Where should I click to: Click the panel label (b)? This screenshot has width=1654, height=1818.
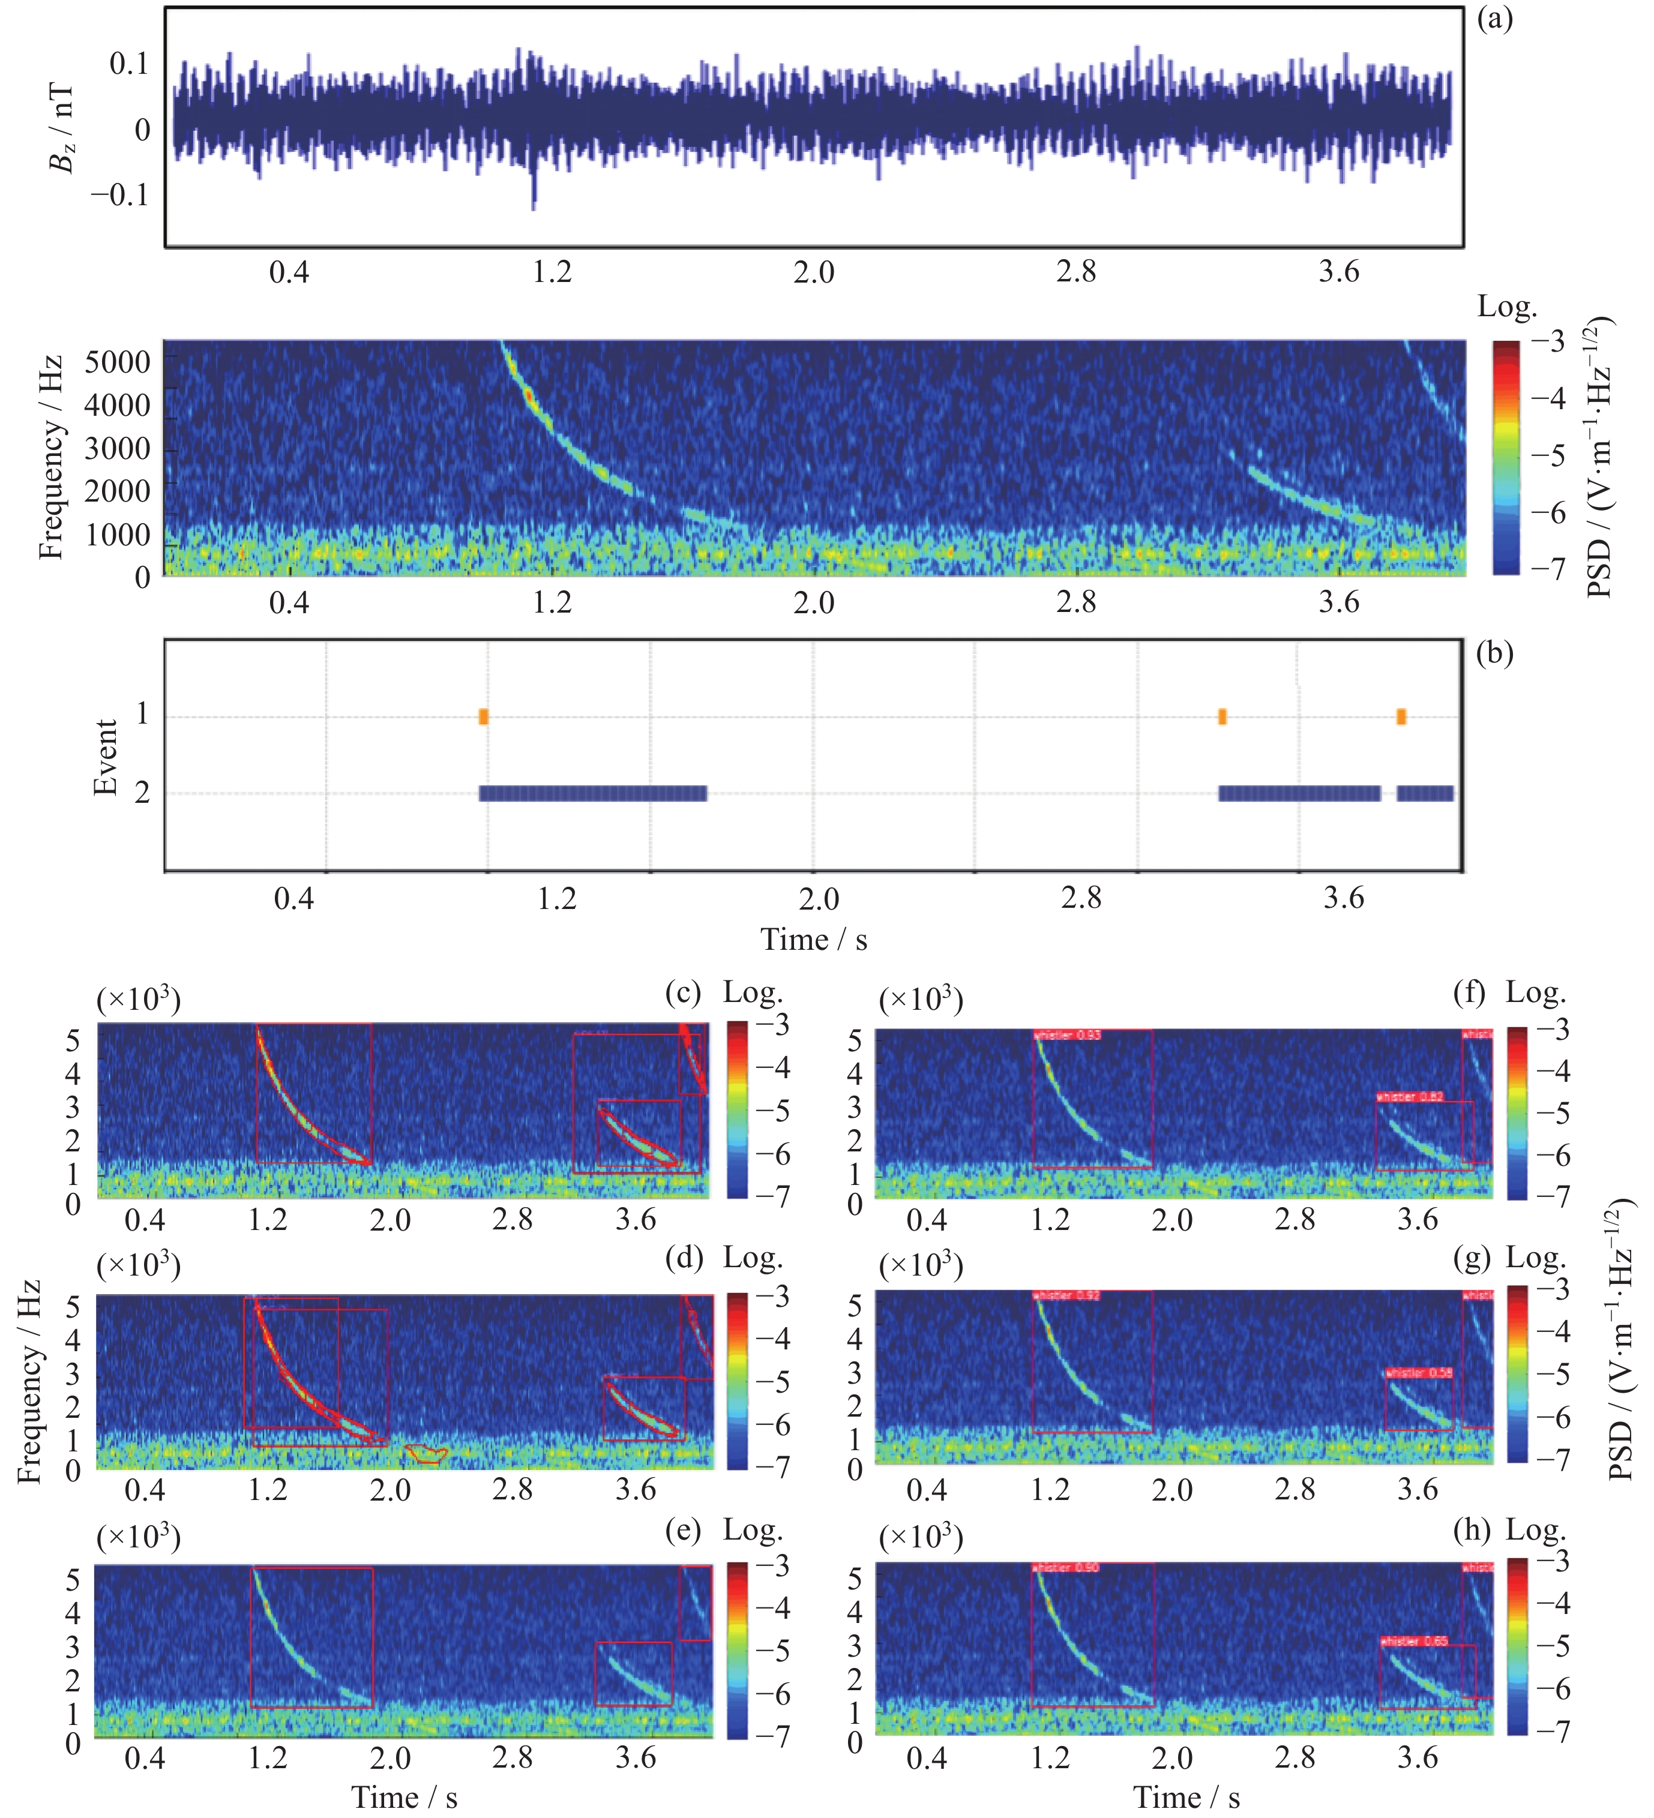click(1494, 653)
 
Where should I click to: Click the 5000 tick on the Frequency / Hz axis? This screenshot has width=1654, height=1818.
click(117, 362)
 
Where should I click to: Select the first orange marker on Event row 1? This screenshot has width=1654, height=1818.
click(483, 717)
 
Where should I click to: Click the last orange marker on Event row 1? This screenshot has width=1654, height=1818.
click(1401, 717)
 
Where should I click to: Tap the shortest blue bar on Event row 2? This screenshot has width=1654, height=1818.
click(1425, 794)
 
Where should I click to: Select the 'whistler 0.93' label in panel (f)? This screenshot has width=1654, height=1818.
click(1068, 1035)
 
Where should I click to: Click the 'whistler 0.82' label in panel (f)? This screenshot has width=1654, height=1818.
click(1410, 1097)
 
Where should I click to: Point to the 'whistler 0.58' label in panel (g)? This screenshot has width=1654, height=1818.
click(1419, 1373)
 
